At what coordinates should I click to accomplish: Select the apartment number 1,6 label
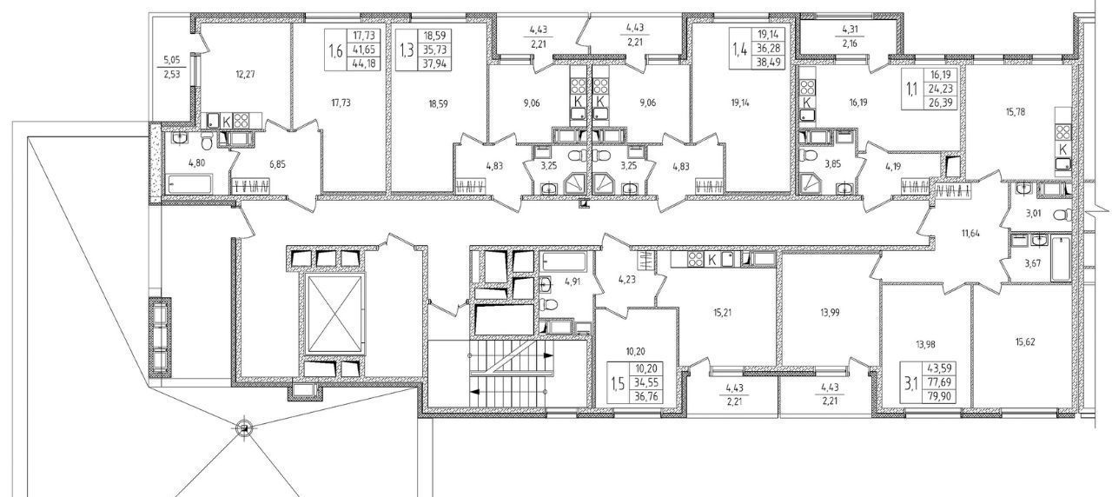(x=336, y=50)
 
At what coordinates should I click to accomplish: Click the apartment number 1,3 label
(x=407, y=50)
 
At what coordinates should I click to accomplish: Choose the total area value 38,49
(x=769, y=63)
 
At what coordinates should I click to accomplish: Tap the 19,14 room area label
(x=739, y=103)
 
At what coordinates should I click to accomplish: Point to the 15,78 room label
(x=1011, y=112)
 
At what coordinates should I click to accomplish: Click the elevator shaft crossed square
(x=335, y=314)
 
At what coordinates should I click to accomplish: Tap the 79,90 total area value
(x=938, y=396)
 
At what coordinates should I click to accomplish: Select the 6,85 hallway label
(x=276, y=164)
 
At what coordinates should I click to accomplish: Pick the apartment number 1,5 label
(x=618, y=383)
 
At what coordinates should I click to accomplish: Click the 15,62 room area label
(x=1025, y=342)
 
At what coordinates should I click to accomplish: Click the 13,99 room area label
(x=830, y=313)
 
